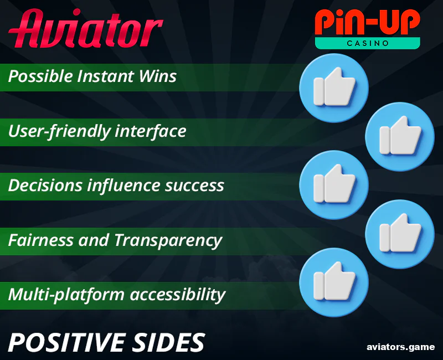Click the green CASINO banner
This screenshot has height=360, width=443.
click(x=367, y=43)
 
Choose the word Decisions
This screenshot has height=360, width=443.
click(x=45, y=186)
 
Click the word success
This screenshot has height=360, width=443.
click(x=194, y=186)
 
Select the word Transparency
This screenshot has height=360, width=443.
click(x=168, y=241)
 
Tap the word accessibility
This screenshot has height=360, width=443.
click(x=177, y=294)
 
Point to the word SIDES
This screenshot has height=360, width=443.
click(x=172, y=343)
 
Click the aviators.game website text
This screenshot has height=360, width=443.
click(x=400, y=347)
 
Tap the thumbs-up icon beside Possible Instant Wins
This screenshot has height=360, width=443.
click(x=333, y=89)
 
